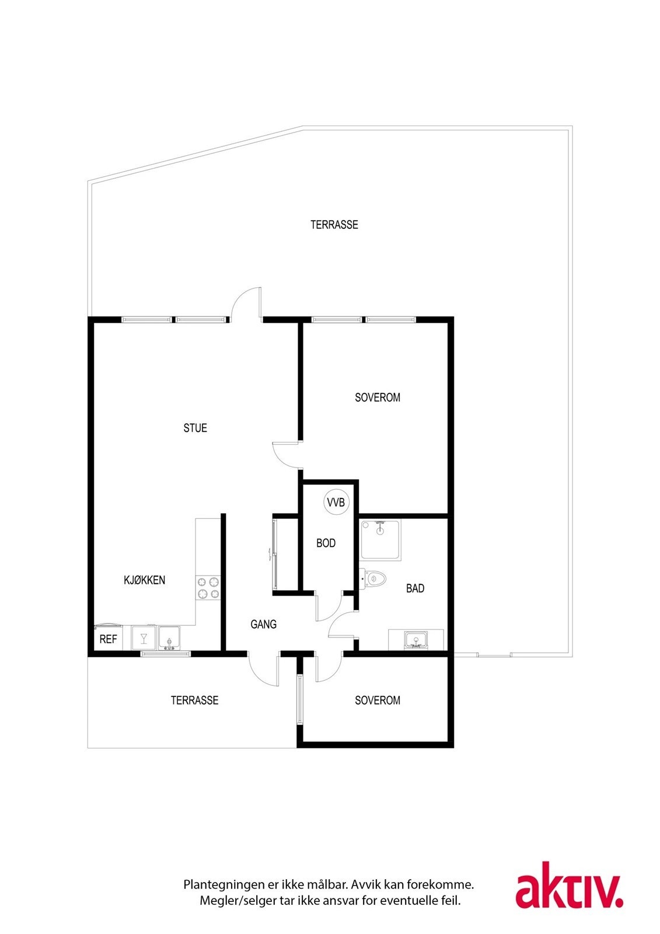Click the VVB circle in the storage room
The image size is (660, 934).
click(x=336, y=503)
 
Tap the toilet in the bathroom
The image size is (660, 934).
click(x=375, y=579)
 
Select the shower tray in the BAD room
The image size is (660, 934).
click(x=380, y=540)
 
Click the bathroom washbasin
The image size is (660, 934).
click(x=416, y=640)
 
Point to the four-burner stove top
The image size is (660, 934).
click(x=208, y=588)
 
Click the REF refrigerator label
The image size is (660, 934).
click(x=108, y=639)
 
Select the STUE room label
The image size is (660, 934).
click(x=195, y=428)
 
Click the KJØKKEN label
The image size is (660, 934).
click(x=144, y=580)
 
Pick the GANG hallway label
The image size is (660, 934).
click(x=263, y=624)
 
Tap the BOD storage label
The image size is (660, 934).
click(x=326, y=543)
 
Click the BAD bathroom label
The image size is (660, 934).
click(x=415, y=588)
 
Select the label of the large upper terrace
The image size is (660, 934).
click(x=334, y=224)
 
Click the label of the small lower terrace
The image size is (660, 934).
click(x=194, y=700)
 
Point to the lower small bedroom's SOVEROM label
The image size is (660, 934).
click(x=377, y=700)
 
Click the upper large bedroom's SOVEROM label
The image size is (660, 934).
click(x=377, y=398)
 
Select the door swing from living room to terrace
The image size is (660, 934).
click(x=246, y=304)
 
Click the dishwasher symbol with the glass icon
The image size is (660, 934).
click(x=144, y=638)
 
